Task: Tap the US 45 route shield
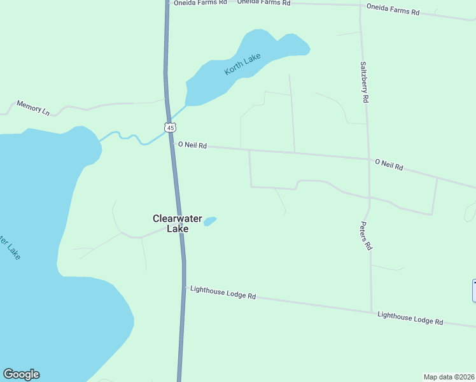pyautogui.click(x=169, y=127)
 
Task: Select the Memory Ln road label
pyautogui.click(x=33, y=108)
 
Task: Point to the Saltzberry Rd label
pyautogui.click(x=365, y=82)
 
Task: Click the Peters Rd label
pyautogui.click(x=365, y=236)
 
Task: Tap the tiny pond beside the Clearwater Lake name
pyautogui.click(x=209, y=221)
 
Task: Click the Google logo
pyautogui.click(x=21, y=374)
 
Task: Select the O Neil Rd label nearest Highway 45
pyautogui.click(x=192, y=145)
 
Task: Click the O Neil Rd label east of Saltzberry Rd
pyautogui.click(x=389, y=164)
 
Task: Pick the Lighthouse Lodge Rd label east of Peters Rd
pyautogui.click(x=410, y=318)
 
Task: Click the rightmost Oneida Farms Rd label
pyautogui.click(x=393, y=10)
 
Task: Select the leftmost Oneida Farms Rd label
pyautogui.click(x=200, y=3)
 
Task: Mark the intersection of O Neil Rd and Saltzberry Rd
pyautogui.click(x=368, y=159)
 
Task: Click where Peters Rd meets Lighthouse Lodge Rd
pyautogui.click(x=372, y=312)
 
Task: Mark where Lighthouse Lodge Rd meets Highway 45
pyautogui.click(x=185, y=288)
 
